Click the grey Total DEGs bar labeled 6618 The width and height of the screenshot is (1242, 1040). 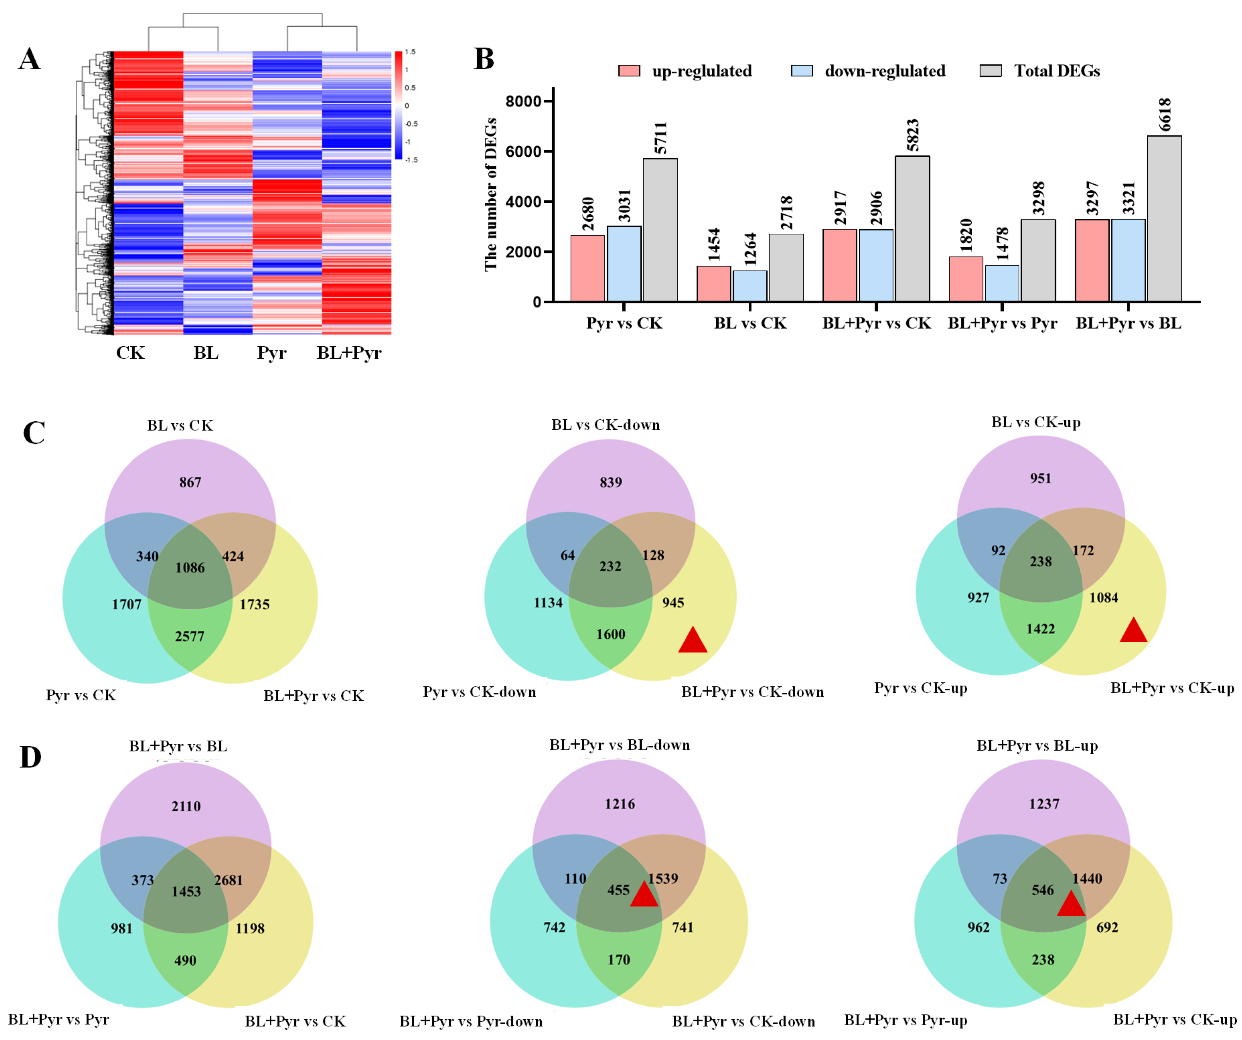click(1164, 219)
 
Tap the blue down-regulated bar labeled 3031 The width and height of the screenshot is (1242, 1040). click(624, 264)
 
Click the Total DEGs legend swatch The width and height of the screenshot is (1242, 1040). click(990, 71)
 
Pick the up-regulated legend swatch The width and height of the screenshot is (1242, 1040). click(629, 71)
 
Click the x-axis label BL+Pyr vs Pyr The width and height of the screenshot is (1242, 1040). click(1002, 323)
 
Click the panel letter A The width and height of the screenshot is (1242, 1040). click(29, 59)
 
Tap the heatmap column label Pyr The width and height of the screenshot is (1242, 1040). click(271, 353)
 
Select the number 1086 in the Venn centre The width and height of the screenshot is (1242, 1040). click(190, 568)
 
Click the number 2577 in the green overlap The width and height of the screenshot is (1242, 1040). click(189, 636)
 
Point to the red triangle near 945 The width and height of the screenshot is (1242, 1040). click(693, 641)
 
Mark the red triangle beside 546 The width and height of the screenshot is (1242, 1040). click(1070, 904)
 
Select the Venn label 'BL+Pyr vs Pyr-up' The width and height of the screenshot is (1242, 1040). click(905, 1020)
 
